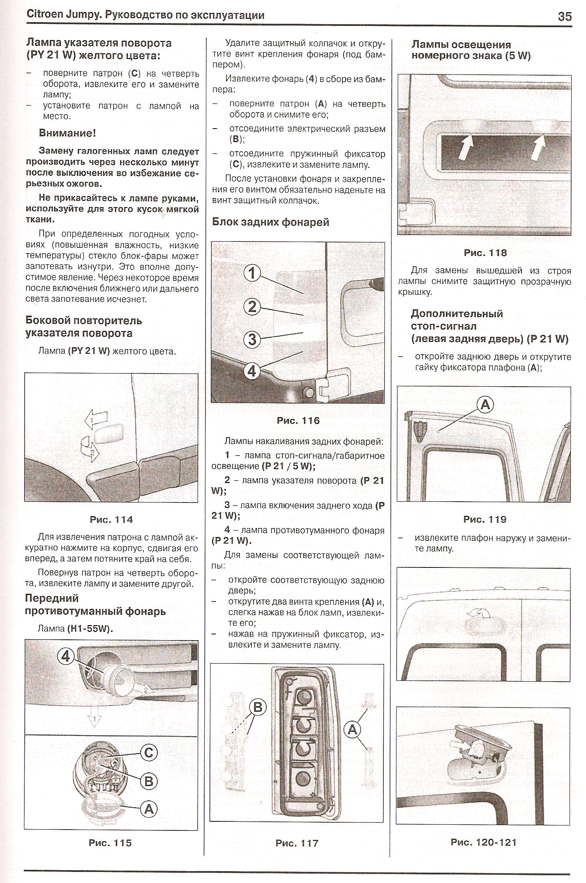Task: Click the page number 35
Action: (x=565, y=16)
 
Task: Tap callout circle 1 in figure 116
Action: (x=252, y=273)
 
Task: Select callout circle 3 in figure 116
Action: (x=252, y=339)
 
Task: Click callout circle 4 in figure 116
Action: (x=252, y=371)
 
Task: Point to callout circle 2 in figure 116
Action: (x=252, y=307)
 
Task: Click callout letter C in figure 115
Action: (x=149, y=752)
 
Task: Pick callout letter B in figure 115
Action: (x=149, y=781)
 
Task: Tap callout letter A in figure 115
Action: (x=149, y=809)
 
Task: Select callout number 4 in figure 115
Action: (x=66, y=656)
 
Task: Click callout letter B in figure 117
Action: (x=258, y=707)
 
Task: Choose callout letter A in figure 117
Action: (x=353, y=730)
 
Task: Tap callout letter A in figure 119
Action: (x=485, y=404)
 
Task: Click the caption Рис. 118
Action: (x=485, y=253)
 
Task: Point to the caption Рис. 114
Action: (x=111, y=519)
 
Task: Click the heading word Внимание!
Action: (x=67, y=133)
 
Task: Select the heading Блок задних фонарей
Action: (x=270, y=222)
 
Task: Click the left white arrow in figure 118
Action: (x=466, y=148)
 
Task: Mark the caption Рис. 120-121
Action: (x=483, y=842)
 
